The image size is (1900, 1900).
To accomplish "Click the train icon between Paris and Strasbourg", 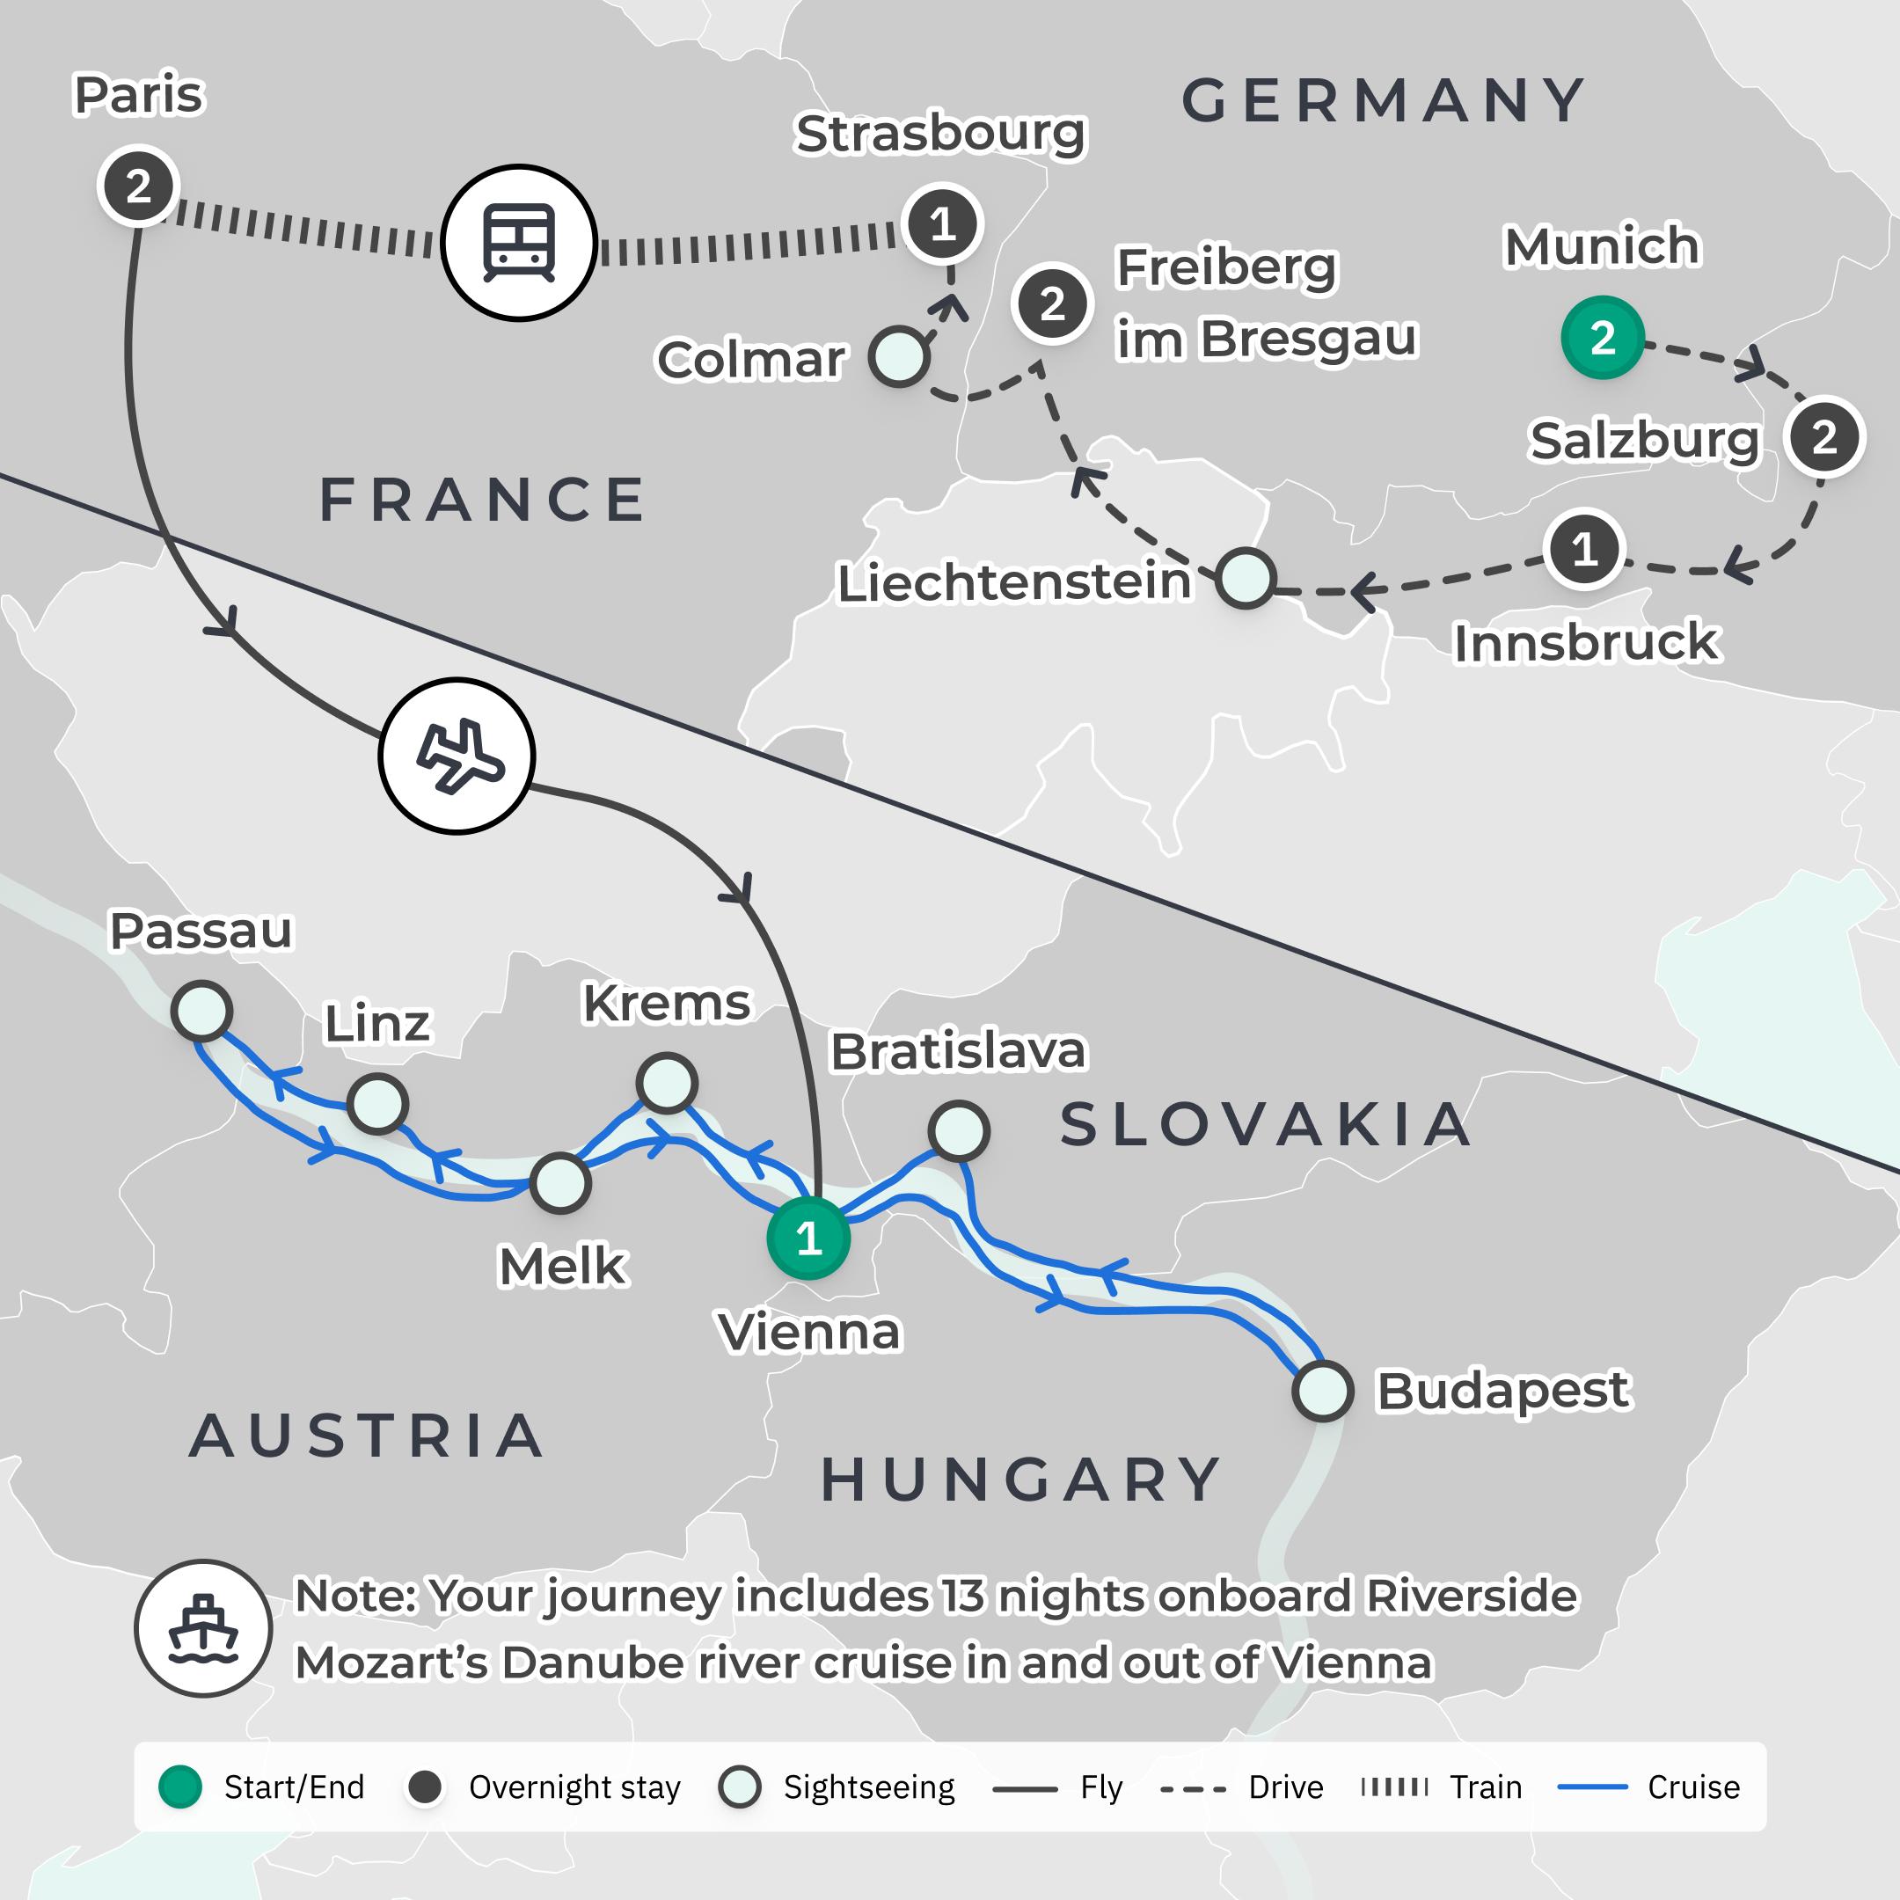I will click(519, 242).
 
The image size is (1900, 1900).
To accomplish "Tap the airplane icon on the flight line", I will click(457, 756).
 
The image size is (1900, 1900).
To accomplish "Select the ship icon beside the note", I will click(203, 1627).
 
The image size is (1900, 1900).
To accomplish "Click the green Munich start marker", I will click(1602, 337).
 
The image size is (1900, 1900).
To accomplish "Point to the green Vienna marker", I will click(808, 1237).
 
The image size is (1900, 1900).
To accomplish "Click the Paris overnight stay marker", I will click(138, 186).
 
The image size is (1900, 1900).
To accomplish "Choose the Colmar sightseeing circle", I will click(899, 356).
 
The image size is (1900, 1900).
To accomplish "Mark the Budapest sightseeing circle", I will click(1323, 1391).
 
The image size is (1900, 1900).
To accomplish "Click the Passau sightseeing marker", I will click(201, 1010).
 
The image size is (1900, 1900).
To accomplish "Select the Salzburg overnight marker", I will click(1824, 436).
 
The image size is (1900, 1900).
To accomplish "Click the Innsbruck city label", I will click(1585, 642).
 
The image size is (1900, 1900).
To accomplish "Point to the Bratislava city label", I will click(958, 1051).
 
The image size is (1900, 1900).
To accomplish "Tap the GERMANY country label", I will click(1384, 100).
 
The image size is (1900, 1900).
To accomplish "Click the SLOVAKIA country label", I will click(1266, 1124).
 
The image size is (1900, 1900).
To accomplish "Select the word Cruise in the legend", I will click(1693, 1787).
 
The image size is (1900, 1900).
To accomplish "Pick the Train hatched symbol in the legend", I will click(1394, 1787).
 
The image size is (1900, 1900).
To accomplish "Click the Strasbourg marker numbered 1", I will click(942, 224).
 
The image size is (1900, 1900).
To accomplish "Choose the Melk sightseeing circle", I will click(560, 1183).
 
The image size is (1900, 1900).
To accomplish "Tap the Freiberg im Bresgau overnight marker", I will click(1052, 303).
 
